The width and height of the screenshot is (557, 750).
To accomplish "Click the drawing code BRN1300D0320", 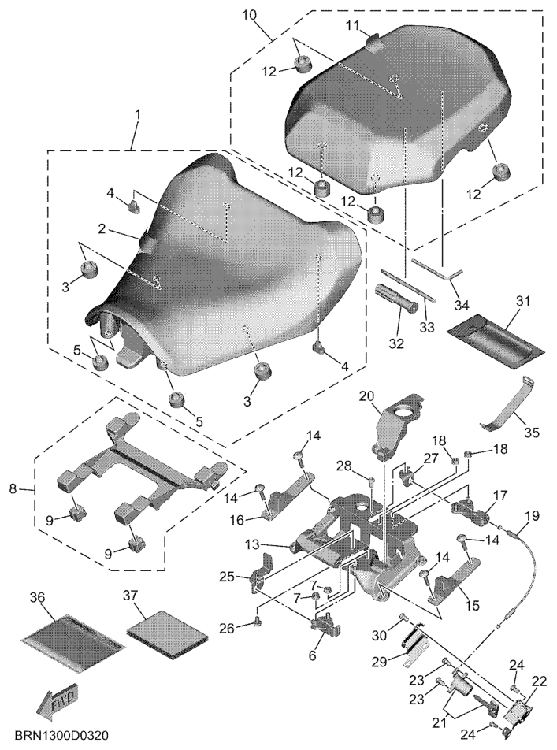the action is point(61,735).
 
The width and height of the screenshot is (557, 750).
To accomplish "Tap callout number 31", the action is point(523,302).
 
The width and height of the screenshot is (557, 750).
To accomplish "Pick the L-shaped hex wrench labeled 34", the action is point(437,273).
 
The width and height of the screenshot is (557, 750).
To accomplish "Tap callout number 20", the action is point(366,396).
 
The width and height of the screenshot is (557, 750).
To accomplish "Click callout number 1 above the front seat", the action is point(138,115).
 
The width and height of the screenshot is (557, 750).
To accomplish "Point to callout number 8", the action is point(13,488).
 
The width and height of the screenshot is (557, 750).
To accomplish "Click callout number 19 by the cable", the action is point(532,517).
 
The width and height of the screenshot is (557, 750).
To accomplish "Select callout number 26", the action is point(227,628).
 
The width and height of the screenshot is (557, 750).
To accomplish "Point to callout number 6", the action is point(312,655).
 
